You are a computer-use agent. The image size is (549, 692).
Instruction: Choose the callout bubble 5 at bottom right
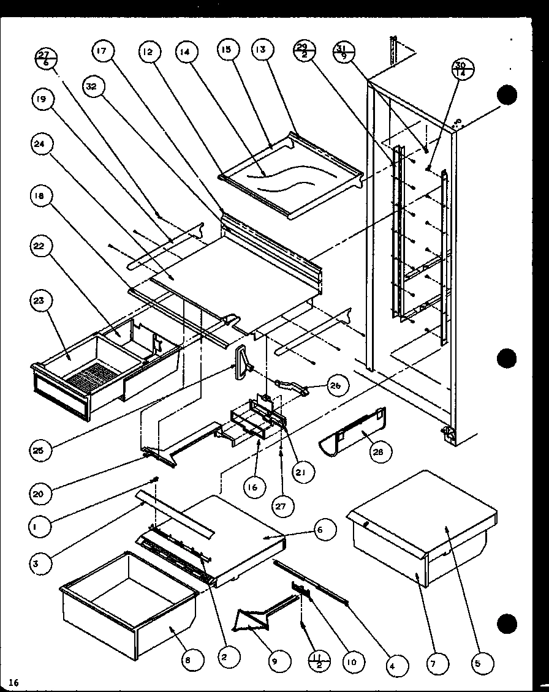(x=480, y=661)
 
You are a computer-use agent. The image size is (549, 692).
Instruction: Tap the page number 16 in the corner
(x=14, y=682)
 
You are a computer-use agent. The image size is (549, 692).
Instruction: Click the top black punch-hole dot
(x=507, y=95)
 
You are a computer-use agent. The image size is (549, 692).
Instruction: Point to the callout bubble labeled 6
(x=326, y=530)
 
